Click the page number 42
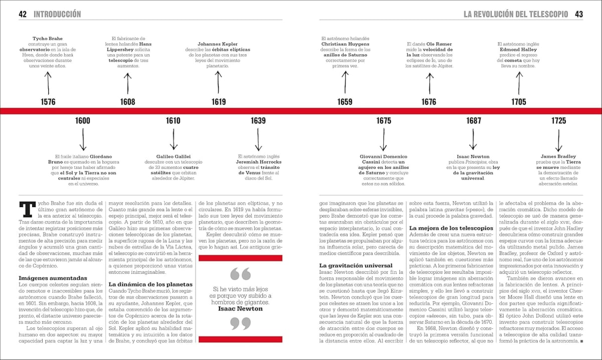(x=23, y=14)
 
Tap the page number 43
(x=578, y=14)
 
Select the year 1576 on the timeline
(x=48, y=102)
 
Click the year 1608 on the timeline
(x=127, y=102)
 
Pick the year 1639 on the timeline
(x=258, y=121)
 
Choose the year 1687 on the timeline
(x=473, y=121)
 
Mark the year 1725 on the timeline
(x=558, y=121)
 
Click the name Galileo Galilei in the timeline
(x=174, y=156)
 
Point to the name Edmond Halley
(x=518, y=50)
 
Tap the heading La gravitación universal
(x=352, y=265)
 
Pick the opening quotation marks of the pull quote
(x=240, y=274)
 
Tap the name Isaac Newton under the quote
(x=240, y=309)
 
